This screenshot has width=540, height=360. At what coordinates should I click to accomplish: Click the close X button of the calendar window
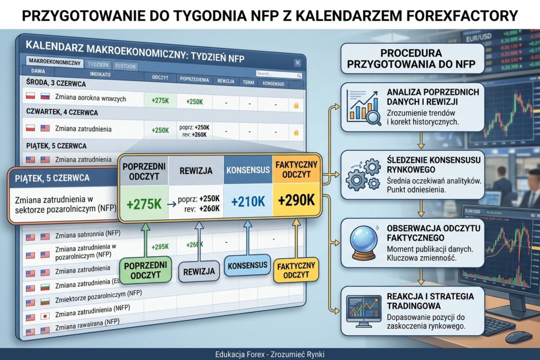(297, 63)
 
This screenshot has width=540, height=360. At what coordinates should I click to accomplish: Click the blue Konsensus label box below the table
(247, 265)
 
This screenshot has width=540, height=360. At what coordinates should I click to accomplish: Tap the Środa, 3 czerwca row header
(56, 84)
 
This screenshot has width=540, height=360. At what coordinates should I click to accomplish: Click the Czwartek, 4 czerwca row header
(62, 112)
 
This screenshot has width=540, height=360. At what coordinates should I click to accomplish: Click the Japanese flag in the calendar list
(45, 317)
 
